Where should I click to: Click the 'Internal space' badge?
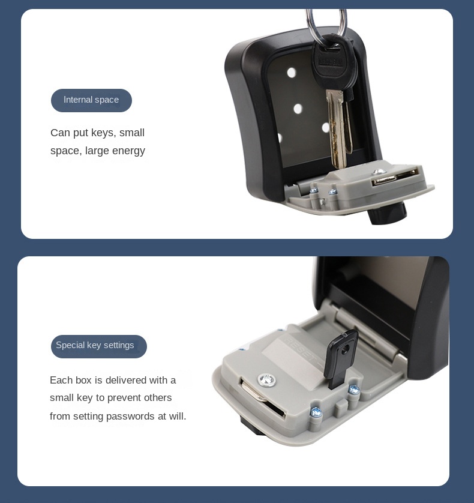91,100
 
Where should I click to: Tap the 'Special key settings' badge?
99,346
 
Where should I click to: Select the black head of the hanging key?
335,64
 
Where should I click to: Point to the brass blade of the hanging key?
338,128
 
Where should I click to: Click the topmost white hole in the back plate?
292,73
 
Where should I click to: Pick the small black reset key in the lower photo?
341,359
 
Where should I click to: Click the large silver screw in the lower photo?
267,381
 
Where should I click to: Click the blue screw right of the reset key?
354,390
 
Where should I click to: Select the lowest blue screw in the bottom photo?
316,412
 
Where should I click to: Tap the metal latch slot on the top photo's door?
394,178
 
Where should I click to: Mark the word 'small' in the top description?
132,133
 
